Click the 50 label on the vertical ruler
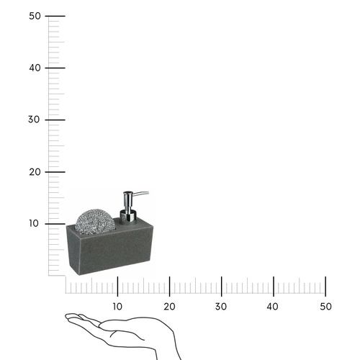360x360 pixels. [x=34, y=15]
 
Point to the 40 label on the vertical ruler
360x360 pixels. [x=34, y=68]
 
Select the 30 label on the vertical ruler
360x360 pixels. [x=34, y=120]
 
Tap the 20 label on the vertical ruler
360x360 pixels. [x=34, y=171]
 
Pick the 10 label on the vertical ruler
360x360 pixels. [x=34, y=223]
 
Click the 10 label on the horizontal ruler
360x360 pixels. [x=117, y=307]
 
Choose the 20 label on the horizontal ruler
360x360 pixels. [x=169, y=307]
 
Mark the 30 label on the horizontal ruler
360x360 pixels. [x=221, y=307]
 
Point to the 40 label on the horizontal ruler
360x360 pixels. [x=273, y=307]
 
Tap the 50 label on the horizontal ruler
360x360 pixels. [x=325, y=307]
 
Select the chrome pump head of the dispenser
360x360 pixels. [x=128, y=199]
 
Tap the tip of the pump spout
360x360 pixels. [x=148, y=193]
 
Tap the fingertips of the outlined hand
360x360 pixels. [x=68, y=316]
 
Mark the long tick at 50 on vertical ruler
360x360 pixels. [x=56, y=16]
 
